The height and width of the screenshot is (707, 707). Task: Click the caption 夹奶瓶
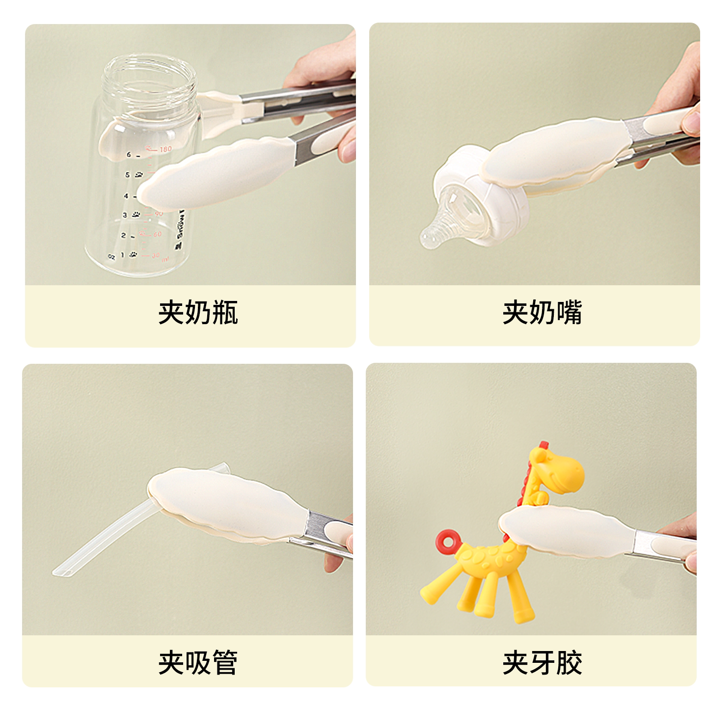click(x=198, y=312)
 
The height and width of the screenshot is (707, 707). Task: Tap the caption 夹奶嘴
click(x=542, y=312)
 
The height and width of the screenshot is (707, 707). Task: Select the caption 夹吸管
click(x=198, y=662)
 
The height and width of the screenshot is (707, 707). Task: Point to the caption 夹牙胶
click(x=542, y=662)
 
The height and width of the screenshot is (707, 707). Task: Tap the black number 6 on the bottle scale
click(x=129, y=155)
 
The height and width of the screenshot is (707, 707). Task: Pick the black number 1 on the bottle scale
click(x=122, y=255)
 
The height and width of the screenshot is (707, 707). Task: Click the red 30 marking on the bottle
click(x=156, y=256)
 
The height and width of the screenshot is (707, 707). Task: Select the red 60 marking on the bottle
click(x=156, y=235)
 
